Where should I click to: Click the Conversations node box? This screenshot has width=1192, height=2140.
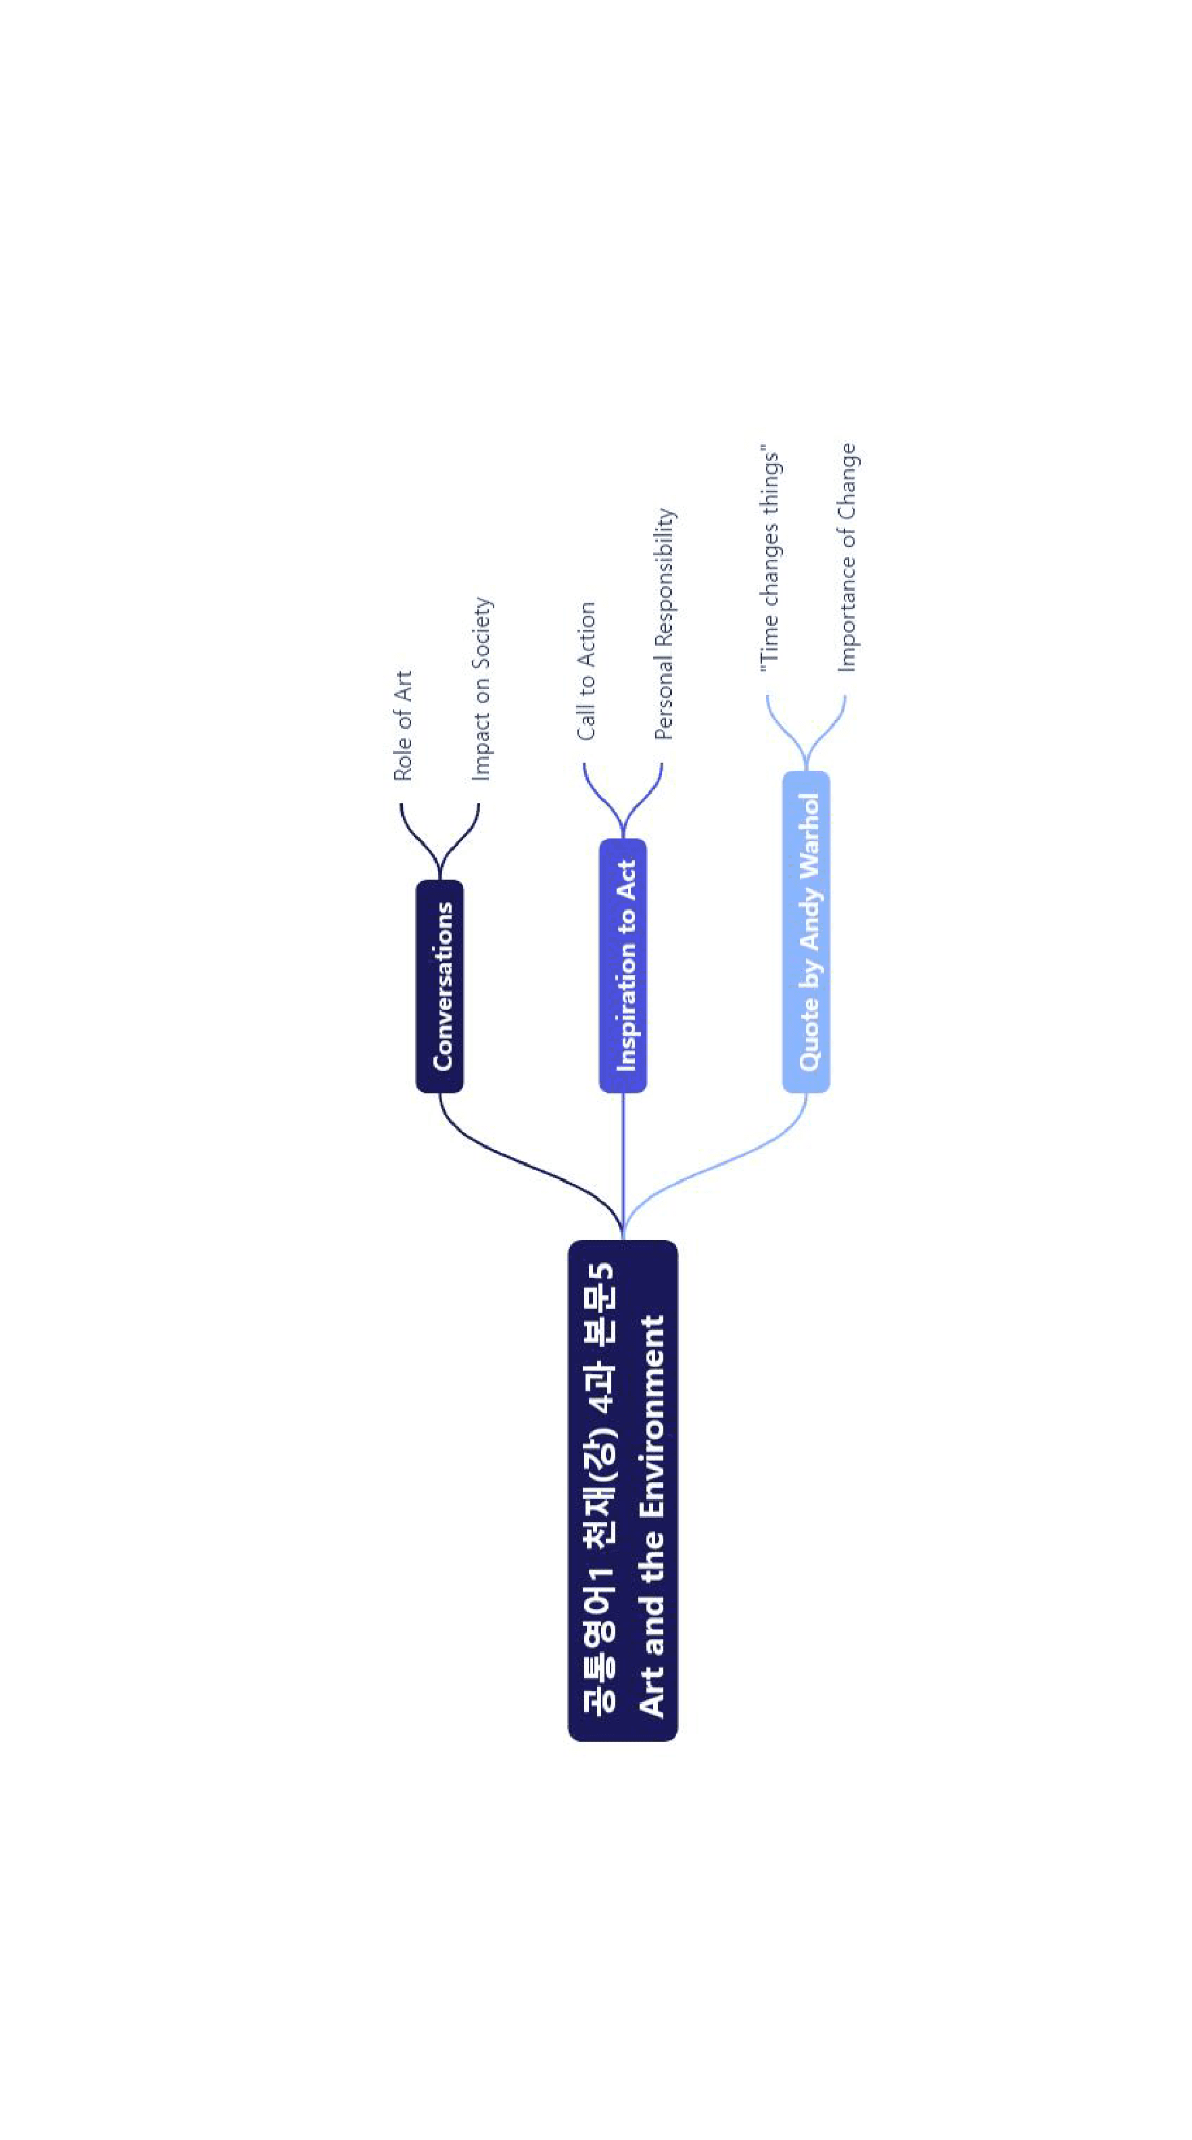[x=439, y=986]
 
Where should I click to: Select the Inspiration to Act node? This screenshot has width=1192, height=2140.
[x=623, y=966]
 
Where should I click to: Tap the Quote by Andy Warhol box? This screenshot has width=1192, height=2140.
[x=806, y=931]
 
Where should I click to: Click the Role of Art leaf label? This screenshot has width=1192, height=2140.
[x=403, y=726]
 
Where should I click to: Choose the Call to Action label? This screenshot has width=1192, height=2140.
[x=586, y=671]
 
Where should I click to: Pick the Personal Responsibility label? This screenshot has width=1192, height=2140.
[x=665, y=624]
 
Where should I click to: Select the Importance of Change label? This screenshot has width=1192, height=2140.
[x=847, y=557]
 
